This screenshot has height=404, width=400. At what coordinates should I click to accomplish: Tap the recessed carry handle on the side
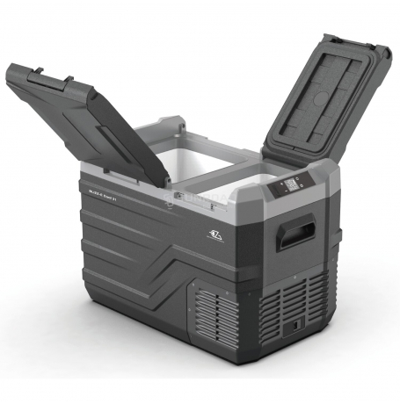click(x=295, y=234)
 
